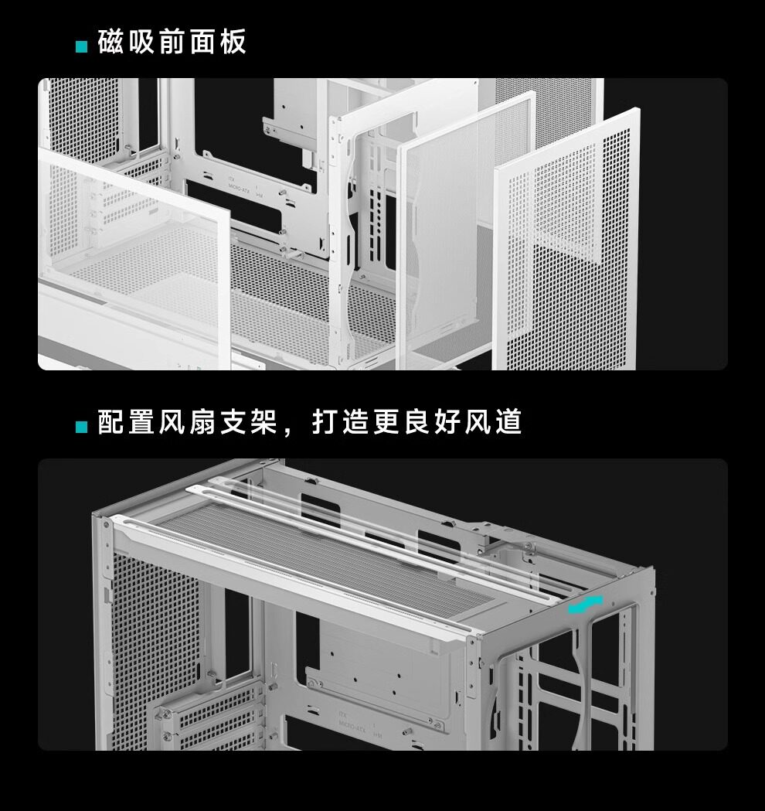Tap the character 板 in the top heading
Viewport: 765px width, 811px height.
[x=232, y=43]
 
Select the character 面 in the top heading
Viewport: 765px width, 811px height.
[x=202, y=43]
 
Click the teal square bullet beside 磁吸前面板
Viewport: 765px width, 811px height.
[x=81, y=47]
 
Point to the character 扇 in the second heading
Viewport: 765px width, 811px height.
[x=203, y=422]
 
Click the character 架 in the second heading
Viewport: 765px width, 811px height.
[x=263, y=422]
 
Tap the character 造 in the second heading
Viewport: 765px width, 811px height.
[x=356, y=422]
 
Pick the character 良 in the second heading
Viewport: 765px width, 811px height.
[x=417, y=422]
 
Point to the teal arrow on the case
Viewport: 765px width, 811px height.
[x=585, y=605]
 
